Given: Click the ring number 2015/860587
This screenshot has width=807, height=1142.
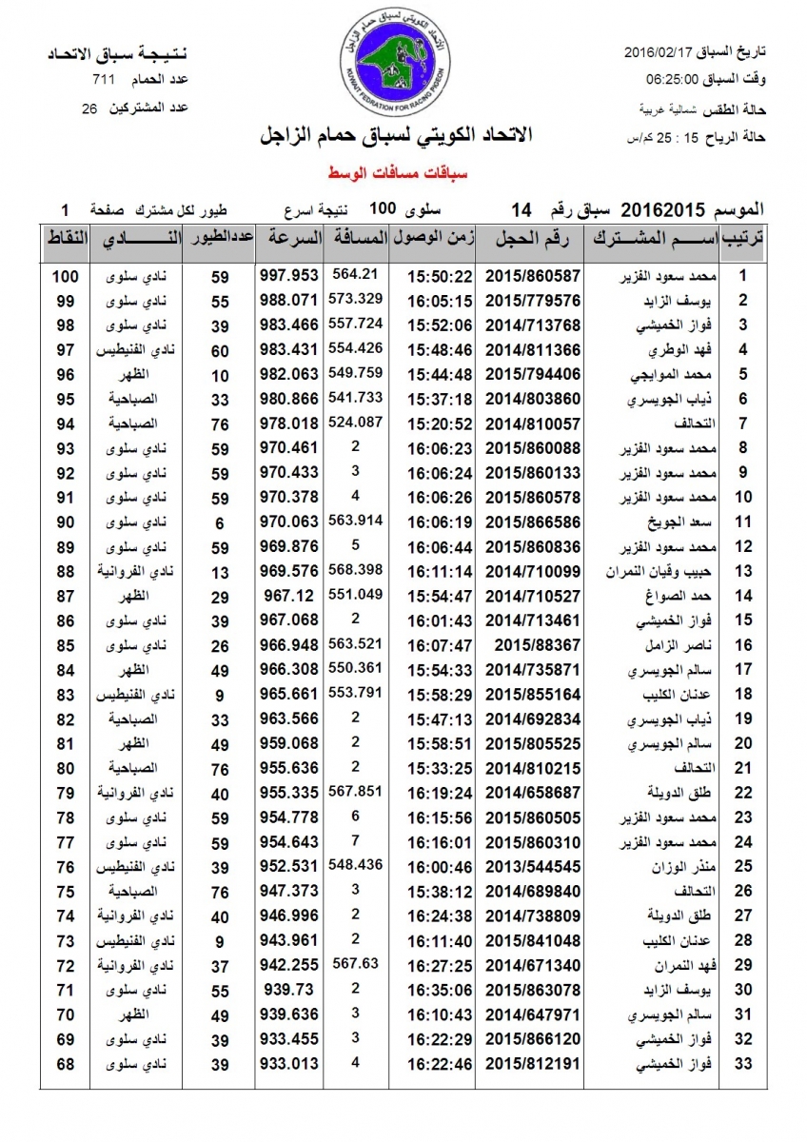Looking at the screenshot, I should (x=533, y=276).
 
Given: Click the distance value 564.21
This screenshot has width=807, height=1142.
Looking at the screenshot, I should (x=356, y=274).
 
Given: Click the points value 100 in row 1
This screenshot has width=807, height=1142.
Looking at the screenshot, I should (x=65, y=276).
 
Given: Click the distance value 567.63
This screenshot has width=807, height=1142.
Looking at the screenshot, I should (x=357, y=963).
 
